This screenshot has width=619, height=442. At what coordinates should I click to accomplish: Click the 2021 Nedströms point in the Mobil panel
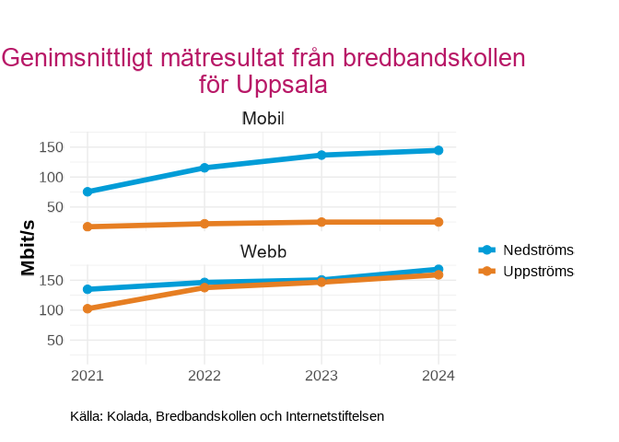(88, 192)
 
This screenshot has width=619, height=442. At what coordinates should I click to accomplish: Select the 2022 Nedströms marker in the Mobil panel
(204, 168)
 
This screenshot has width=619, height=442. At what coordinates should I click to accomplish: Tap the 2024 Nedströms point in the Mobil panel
(438, 150)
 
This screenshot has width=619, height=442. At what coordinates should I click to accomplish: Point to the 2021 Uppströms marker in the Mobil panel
(88, 227)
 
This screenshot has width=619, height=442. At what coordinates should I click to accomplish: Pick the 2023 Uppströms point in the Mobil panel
(321, 222)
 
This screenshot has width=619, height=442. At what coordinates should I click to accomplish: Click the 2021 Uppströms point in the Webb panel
(88, 308)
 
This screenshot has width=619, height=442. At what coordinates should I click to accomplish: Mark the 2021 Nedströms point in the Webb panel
(88, 289)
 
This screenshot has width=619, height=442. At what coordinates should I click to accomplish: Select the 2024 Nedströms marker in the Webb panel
(438, 269)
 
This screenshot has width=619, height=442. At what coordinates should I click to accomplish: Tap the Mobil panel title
(263, 119)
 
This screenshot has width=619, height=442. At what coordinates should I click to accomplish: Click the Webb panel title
(263, 251)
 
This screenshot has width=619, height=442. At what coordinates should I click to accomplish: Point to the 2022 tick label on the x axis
(204, 375)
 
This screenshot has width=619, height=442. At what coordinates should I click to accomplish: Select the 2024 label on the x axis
(438, 375)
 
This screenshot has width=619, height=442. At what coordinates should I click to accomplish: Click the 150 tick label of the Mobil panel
(51, 147)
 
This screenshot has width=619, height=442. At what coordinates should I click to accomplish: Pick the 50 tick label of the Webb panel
(54, 340)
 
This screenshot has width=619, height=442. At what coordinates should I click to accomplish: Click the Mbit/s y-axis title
(29, 248)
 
